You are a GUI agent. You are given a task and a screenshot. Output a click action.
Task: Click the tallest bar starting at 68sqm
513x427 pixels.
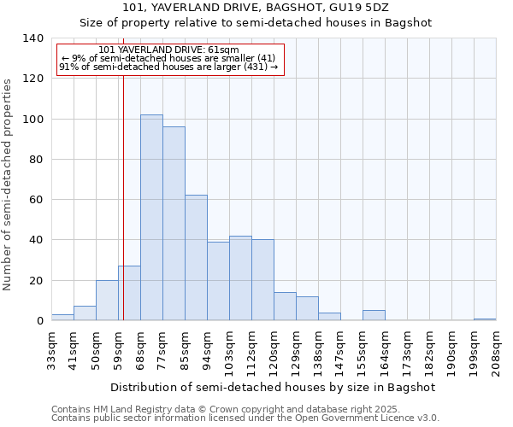pos(151,218)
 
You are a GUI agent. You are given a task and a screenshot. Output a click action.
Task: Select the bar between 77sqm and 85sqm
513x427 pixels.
pos(174,224)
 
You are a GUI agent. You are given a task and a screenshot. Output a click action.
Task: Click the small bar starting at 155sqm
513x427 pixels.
pos(374,316)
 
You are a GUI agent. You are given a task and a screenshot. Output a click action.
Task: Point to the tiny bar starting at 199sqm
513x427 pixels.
pos(485,319)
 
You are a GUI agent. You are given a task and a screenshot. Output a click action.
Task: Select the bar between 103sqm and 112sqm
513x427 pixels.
pos(240,278)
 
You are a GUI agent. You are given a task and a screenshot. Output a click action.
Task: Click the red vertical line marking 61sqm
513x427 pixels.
pos(123,213)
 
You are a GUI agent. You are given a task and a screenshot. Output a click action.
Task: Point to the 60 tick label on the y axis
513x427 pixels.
pos(36,200)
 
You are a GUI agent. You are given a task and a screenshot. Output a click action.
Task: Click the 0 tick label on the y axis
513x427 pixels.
pos(39,321)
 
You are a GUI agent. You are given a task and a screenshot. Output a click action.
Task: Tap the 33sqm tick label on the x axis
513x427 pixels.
pos(51,352)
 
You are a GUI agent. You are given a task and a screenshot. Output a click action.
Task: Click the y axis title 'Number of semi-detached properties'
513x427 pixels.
pos(9,184)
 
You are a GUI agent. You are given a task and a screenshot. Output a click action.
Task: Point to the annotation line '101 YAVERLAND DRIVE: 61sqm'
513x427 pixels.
pos(168,50)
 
